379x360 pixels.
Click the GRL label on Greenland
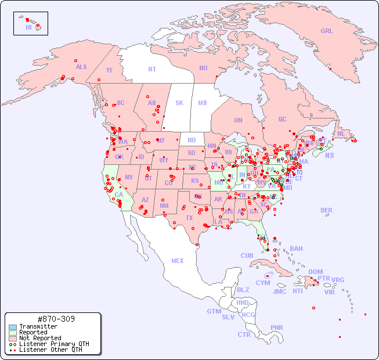pyautogui.click(x=327, y=31)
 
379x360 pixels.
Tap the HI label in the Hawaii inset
pyautogui.click(x=28, y=27)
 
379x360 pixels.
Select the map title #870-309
pyautogui.click(x=55, y=319)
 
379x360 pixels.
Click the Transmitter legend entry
pyautogui.click(x=38, y=326)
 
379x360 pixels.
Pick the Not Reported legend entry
pyautogui.click(x=39, y=338)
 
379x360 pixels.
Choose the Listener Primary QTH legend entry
pyautogui.click(x=53, y=344)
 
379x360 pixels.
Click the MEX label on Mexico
pyautogui.click(x=178, y=261)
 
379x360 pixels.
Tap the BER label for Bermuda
pyautogui.click(x=327, y=210)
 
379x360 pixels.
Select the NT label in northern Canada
pyautogui.click(x=152, y=69)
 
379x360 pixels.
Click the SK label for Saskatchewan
pyautogui.click(x=179, y=103)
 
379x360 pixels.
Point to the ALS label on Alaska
pyautogui.click(x=81, y=67)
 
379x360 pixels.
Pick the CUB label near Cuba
pyautogui.click(x=247, y=255)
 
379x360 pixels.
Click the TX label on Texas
pyautogui.click(x=189, y=218)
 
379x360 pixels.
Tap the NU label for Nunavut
pyautogui.click(x=203, y=68)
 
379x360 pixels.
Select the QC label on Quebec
pyautogui.click(x=282, y=119)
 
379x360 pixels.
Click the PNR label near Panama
pyautogui.click(x=277, y=327)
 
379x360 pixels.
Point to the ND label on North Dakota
pyautogui.click(x=192, y=140)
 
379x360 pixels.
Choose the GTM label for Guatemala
pyautogui.click(x=214, y=311)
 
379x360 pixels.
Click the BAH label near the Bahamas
pyautogui.click(x=296, y=249)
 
